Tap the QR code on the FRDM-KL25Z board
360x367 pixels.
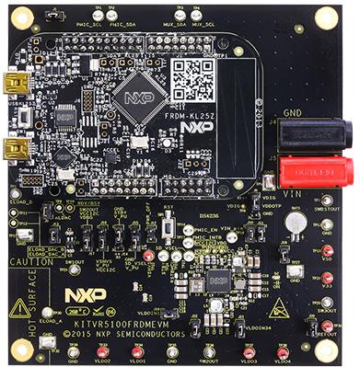[x=192, y=81]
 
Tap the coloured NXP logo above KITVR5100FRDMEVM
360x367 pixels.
[x=85, y=295]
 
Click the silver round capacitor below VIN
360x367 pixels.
[x=295, y=221]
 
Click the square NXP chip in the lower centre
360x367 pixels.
[x=218, y=280]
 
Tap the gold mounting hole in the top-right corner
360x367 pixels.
[x=326, y=17]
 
